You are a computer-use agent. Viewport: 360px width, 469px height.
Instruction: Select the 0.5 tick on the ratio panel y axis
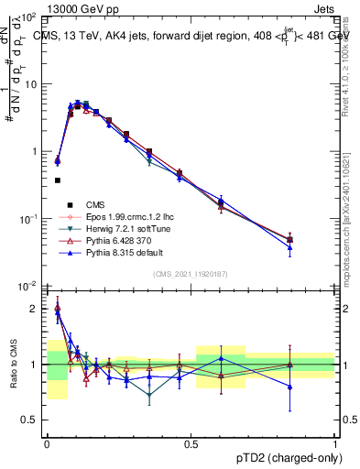click(x=32, y=420)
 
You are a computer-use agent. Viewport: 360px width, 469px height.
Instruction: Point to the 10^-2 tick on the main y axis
click(x=30, y=286)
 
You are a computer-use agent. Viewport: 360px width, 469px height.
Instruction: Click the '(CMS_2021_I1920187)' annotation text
click(x=190, y=274)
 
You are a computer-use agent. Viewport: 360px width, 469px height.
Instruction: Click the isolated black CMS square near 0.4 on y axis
click(x=57, y=180)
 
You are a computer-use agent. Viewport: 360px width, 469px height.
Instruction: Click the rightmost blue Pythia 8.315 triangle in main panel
click(x=290, y=247)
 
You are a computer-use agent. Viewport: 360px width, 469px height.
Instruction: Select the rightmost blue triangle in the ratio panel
click(x=290, y=387)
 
